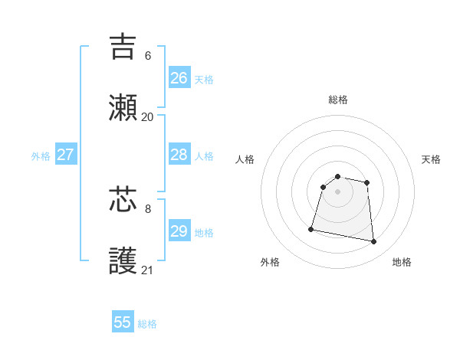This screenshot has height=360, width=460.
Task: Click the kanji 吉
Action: click(123, 47)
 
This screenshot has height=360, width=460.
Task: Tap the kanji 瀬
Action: click(123, 108)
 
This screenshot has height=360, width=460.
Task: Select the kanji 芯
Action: click(123, 199)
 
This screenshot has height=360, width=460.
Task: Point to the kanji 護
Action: click(123, 261)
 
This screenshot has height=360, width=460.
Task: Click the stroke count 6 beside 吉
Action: click(148, 55)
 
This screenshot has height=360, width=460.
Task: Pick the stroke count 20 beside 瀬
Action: click(148, 116)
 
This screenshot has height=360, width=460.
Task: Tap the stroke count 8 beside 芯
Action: click(148, 208)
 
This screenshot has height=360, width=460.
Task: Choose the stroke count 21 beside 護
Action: click(148, 270)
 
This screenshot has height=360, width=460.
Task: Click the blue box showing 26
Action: click(179, 78)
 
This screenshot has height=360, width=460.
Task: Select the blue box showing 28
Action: click(179, 155)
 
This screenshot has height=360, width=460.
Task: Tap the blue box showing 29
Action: click(179, 231)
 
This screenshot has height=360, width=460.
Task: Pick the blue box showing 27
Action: click(66, 155)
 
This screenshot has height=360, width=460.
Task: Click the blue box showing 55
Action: click(123, 322)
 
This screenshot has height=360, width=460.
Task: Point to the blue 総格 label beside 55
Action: click(147, 324)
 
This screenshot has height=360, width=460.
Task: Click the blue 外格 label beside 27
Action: click(41, 156)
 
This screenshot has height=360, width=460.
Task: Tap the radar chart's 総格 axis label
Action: click(338, 100)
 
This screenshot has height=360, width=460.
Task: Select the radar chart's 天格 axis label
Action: click(432, 159)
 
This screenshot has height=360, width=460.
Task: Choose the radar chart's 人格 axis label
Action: click(245, 159)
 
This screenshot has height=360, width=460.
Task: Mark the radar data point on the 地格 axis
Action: click(374, 242)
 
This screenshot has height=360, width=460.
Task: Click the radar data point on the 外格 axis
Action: click(311, 228)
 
